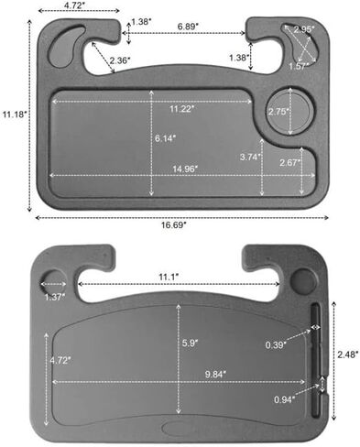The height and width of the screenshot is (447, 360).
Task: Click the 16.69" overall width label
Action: tap(174, 225)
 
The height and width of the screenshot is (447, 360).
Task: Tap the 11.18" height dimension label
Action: tap(15, 114)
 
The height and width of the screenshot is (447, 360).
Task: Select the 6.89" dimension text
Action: tap(188, 27)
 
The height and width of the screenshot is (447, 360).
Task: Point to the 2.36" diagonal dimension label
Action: tap(120, 60)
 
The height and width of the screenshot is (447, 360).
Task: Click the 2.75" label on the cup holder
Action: tap(278, 112)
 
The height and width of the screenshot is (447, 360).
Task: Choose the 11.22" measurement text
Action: tap(182, 109)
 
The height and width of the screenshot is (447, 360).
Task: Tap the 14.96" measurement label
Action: tap(185, 169)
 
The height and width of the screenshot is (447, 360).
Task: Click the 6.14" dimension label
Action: tap(165, 138)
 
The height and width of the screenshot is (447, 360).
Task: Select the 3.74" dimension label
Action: tap(250, 158)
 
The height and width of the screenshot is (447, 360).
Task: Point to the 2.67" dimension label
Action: tap(289, 163)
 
